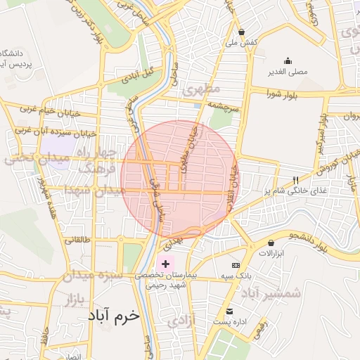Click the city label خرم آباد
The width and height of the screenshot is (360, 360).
click(x=114, y=317)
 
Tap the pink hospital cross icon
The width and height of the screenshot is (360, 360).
click(x=165, y=262)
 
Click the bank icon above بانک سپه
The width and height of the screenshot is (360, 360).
click(x=236, y=265)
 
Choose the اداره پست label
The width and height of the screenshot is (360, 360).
click(x=229, y=321)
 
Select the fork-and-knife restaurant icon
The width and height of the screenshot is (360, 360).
click(x=295, y=180)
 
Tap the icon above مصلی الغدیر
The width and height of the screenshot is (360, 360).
click(x=287, y=60)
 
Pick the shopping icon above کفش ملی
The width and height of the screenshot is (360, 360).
click(x=241, y=32)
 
